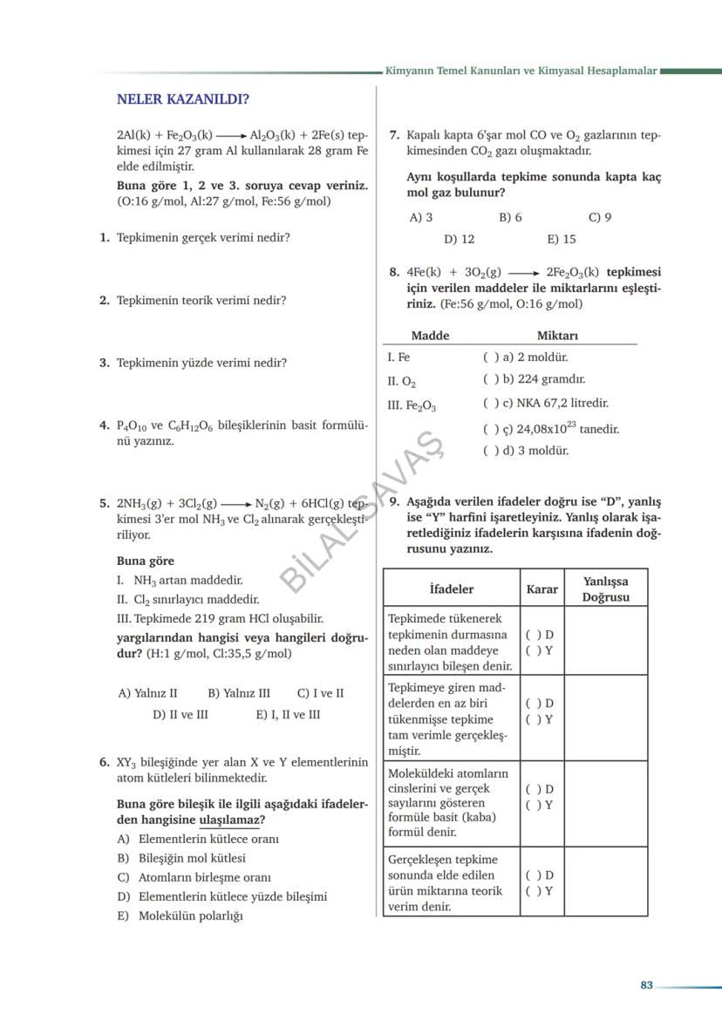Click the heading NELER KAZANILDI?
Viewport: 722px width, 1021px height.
tap(183, 99)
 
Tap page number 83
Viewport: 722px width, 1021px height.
tap(646, 985)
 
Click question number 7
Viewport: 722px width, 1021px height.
tap(394, 135)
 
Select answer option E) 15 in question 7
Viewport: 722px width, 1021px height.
tap(562, 239)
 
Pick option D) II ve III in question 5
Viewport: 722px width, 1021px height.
tap(180, 714)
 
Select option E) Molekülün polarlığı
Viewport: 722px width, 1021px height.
tap(180, 915)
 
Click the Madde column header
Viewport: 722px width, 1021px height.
tap(430, 336)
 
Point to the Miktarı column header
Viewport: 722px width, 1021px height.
tap(557, 336)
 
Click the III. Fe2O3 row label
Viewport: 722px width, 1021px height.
tap(412, 405)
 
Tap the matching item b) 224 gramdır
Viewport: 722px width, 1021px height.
tap(534, 379)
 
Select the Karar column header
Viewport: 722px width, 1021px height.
tap(541, 589)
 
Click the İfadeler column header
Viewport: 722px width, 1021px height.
tap(452, 589)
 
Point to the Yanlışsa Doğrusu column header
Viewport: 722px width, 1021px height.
tap(606, 589)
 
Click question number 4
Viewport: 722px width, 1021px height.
tap(104, 425)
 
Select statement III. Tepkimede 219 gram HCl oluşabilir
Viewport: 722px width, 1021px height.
tap(219, 618)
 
